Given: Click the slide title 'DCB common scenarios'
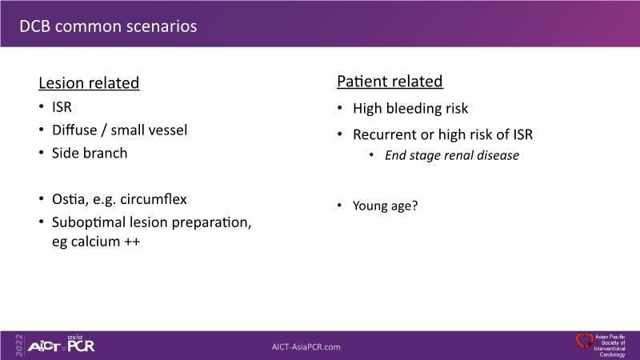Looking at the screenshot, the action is point(108,26).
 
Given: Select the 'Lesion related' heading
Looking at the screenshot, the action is point(89,83).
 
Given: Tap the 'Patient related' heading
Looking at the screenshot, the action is point(390,82).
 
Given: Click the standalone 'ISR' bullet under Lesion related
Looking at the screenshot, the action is point(62,107).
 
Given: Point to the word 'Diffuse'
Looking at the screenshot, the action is point(74,130).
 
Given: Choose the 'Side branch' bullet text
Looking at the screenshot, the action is point(90,153).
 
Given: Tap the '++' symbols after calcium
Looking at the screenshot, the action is point(132,242).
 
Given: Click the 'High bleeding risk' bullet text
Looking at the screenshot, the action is point(410,109).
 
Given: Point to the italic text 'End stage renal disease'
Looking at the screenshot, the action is point(452,155).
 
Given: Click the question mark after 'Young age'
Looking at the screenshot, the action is point(414,205).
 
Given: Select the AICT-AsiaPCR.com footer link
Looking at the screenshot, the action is point(306,347).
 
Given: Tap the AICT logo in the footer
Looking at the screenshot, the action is point(44,347).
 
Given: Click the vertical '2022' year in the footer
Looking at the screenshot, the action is point(18,346).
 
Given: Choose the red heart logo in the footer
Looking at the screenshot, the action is point(585,341).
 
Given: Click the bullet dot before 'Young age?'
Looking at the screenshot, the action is point(339,205).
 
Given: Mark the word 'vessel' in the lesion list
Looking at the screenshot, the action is point(169,130).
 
